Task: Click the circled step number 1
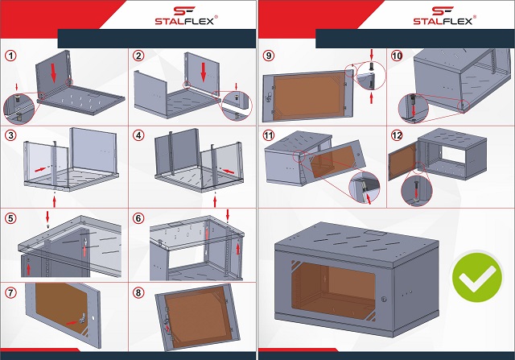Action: [10, 56]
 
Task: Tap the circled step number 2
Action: [138, 56]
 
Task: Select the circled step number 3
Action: [10, 135]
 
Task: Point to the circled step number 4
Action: [138, 135]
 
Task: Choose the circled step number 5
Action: [10, 218]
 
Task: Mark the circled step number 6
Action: [138, 218]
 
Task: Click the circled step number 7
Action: [10, 292]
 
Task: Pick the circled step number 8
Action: [138, 292]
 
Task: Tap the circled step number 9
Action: [269, 56]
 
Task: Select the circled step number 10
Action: [397, 56]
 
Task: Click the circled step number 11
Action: [269, 135]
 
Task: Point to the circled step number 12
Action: [397, 135]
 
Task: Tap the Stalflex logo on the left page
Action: [186, 15]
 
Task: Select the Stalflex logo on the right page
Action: [444, 15]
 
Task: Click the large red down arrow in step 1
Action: [53, 73]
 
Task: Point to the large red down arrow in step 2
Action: [204, 72]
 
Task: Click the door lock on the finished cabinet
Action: [384, 300]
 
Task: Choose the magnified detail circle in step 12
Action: [417, 191]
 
